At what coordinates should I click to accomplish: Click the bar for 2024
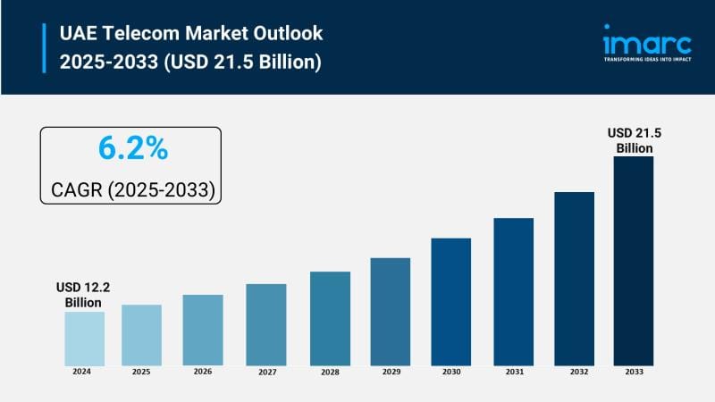click(84, 338)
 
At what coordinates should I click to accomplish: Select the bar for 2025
click(141, 334)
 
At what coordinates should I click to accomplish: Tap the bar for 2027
click(266, 323)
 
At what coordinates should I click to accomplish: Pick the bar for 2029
click(390, 311)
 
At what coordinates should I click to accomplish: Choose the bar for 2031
click(513, 290)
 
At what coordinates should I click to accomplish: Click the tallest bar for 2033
click(633, 260)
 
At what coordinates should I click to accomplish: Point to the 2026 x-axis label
click(202, 372)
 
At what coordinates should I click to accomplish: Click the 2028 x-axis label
click(328, 372)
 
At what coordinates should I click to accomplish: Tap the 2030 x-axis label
click(450, 372)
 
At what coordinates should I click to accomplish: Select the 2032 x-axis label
click(574, 372)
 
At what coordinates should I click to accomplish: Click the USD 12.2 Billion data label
click(83, 295)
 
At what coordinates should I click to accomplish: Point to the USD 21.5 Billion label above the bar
click(634, 140)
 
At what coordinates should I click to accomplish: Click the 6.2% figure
click(132, 149)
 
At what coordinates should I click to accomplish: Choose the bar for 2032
click(574, 278)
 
